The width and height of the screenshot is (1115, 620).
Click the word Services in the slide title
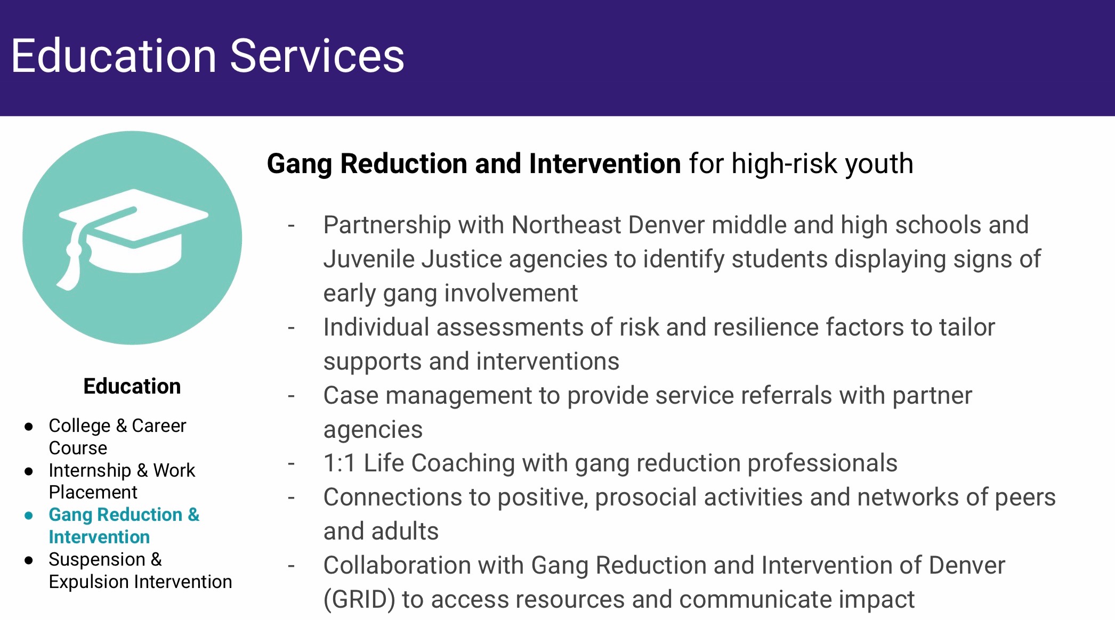(x=317, y=56)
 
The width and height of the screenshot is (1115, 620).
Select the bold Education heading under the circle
(x=132, y=386)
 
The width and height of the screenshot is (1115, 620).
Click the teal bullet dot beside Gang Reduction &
(x=29, y=516)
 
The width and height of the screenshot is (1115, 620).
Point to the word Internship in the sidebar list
(x=90, y=471)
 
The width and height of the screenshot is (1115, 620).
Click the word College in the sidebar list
(x=79, y=426)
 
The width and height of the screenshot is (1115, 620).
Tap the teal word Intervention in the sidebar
(x=99, y=537)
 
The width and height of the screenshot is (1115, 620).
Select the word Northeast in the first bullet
(x=566, y=225)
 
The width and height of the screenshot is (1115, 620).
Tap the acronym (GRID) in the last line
(x=359, y=599)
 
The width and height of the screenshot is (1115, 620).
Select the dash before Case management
(x=291, y=396)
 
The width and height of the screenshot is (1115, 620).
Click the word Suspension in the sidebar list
(x=97, y=560)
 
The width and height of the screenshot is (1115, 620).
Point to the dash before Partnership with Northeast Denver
(x=291, y=226)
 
